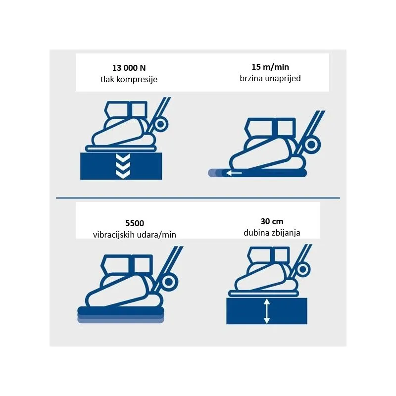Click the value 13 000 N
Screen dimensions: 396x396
(129, 68)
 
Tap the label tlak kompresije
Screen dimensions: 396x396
(129, 79)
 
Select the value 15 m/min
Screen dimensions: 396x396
(270, 67)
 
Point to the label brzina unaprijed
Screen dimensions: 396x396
(270, 78)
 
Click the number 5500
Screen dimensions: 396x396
(135, 223)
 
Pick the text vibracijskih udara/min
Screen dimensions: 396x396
(134, 235)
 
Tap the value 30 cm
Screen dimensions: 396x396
(272, 221)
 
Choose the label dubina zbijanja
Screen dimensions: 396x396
(272, 233)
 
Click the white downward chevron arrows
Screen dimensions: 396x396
(123, 166)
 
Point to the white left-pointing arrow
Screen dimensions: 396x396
(234, 173)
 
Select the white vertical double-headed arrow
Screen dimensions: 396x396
(267, 311)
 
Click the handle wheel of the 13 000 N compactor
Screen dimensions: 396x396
(160, 124)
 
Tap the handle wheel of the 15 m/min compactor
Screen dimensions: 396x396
(312, 145)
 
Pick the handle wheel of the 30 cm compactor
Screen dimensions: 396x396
(302, 269)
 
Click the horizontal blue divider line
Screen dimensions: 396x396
(198, 198)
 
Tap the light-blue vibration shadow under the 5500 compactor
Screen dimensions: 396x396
(121, 319)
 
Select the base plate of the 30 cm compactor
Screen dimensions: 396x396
(264, 294)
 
